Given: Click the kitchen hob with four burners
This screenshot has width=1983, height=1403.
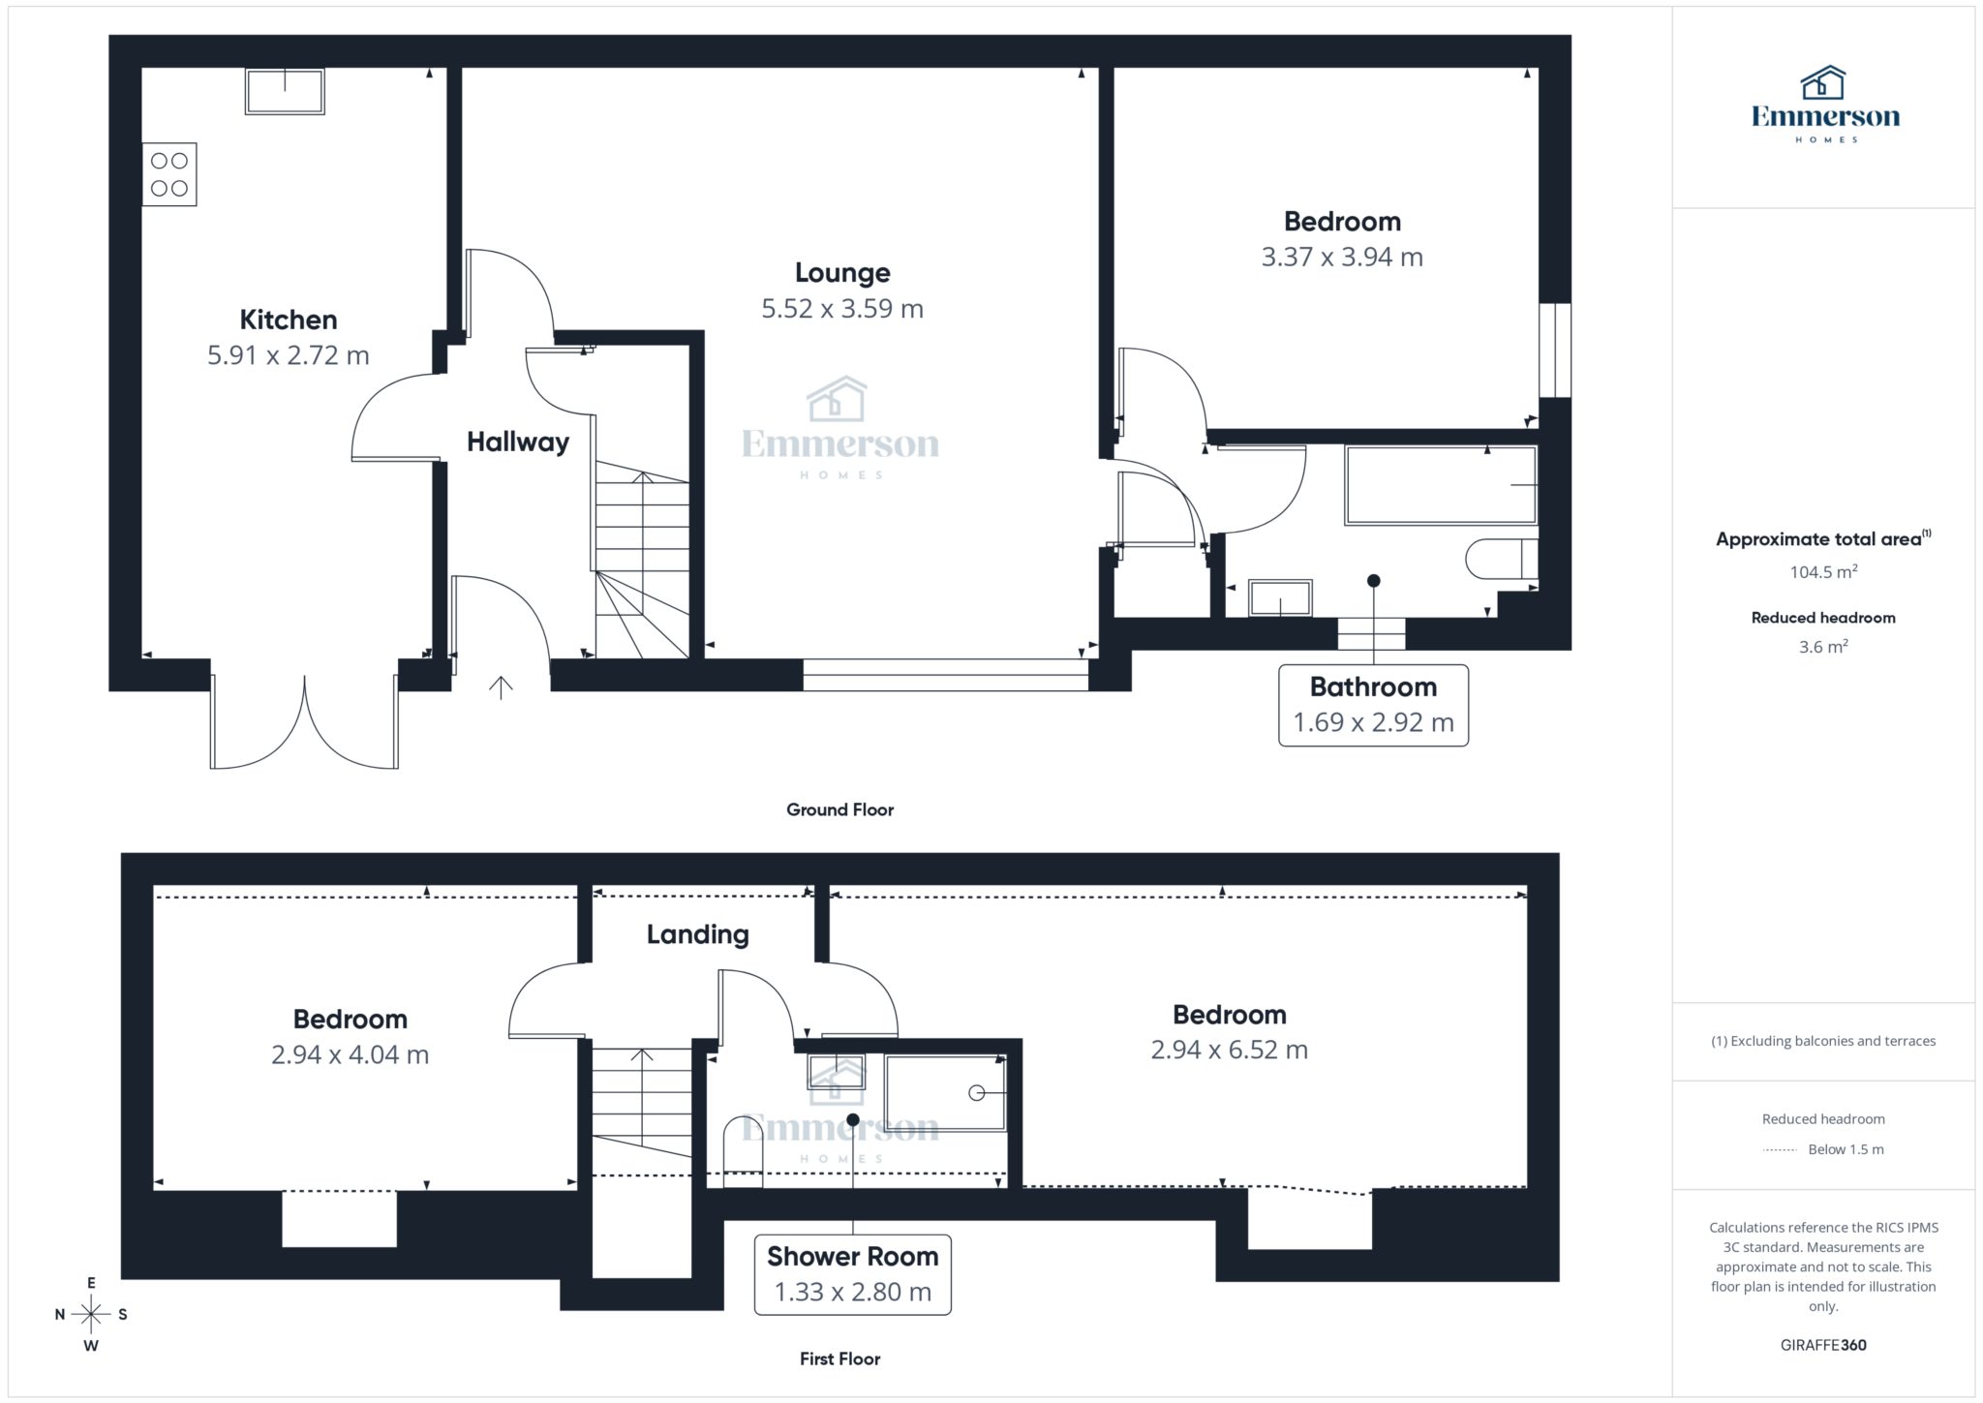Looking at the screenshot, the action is coord(169,174).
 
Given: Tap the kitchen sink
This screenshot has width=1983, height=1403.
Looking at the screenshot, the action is coord(285,92).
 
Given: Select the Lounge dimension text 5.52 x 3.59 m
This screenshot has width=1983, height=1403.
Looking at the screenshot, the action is coord(842,309).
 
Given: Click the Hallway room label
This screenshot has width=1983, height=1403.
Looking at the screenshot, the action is coord(518,442).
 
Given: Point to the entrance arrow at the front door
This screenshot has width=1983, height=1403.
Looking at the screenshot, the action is coord(501,686).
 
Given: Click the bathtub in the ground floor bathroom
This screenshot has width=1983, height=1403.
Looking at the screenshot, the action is coord(1441,485).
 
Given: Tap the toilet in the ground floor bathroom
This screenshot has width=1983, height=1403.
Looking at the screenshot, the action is coord(1502,559).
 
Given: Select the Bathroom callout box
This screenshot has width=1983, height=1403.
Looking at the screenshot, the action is coord(1373,705).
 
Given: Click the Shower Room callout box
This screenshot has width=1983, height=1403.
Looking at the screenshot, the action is coord(853,1274).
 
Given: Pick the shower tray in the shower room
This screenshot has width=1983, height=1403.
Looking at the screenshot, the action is coord(946,1093).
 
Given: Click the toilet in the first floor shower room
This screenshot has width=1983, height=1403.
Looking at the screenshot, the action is coord(744,1151).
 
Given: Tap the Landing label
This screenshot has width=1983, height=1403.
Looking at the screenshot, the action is coord(698,934).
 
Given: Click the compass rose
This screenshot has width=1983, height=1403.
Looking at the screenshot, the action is coord(91,1314).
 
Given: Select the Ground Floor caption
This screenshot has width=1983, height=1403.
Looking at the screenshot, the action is coord(839,809).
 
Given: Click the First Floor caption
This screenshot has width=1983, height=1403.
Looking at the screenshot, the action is coord(839,1358).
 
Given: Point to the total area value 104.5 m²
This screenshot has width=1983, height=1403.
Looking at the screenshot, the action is coord(1823,571).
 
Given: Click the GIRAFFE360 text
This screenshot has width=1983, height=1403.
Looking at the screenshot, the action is coord(1823,1345).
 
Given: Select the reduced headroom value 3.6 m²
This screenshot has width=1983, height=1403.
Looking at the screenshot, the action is coord(1823,647).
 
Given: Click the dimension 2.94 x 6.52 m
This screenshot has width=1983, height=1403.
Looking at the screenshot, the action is coord(1229,1050).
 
